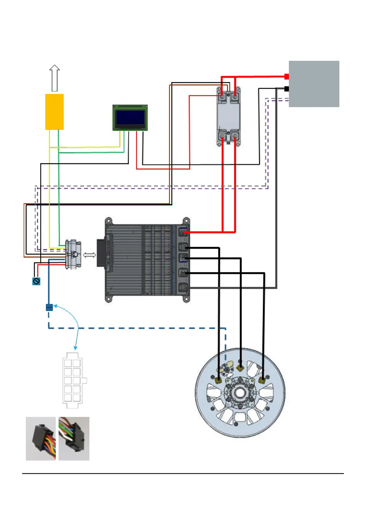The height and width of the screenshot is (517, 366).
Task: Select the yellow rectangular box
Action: pos(54,112)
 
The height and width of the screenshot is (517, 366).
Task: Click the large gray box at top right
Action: pos(314,84)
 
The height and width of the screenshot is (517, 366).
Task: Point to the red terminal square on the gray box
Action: pos(286,76)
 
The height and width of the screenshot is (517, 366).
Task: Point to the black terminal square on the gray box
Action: pos(286,89)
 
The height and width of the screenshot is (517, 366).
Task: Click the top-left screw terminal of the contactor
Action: pos(222,96)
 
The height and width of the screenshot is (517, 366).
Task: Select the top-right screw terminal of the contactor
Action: pos(235,96)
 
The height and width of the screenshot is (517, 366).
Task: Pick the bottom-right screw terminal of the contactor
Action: pos(235,136)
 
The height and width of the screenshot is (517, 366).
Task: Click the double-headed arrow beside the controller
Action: pos(89,255)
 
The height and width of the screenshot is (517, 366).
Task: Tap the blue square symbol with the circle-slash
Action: pos(36,281)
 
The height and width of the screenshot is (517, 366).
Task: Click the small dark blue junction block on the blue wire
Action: pos(49,307)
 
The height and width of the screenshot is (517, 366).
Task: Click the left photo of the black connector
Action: pos(41,438)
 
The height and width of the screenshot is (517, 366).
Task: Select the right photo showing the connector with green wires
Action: pos(74,438)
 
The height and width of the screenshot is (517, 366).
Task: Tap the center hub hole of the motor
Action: pos(240,393)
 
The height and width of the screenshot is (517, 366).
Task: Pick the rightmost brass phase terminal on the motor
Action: pos(262,381)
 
